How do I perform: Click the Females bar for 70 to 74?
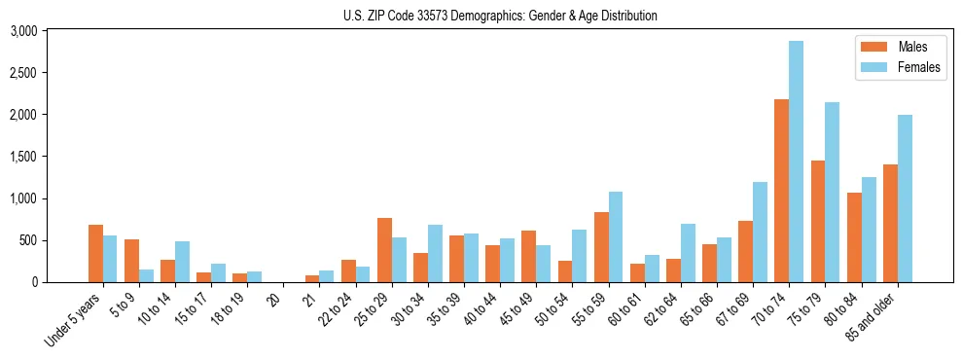797,162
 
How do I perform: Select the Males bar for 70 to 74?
782,191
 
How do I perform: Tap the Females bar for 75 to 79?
833,192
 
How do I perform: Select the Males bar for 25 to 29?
384,250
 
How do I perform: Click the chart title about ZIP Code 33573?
500,16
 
